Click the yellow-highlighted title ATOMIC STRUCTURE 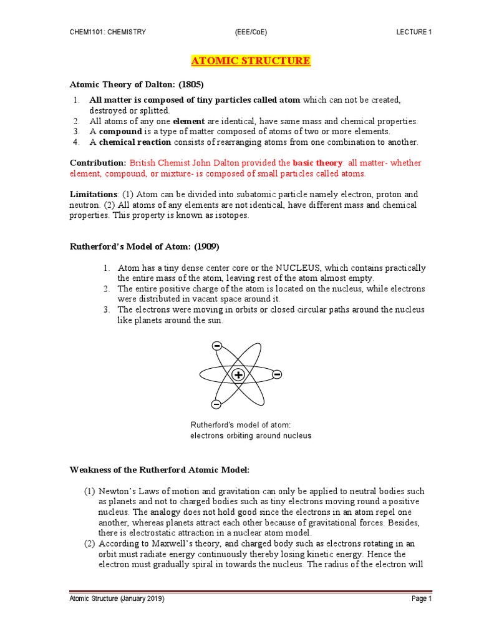point(249,61)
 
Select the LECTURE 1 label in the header point(414,32)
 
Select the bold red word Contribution point(97,163)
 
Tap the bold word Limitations point(93,194)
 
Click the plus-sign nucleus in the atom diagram point(238,374)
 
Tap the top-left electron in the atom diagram point(216,346)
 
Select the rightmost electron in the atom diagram point(277,374)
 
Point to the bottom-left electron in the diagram point(216,404)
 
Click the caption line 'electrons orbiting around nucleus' point(250,436)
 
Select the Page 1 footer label point(421,599)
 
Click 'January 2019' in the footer point(140,599)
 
